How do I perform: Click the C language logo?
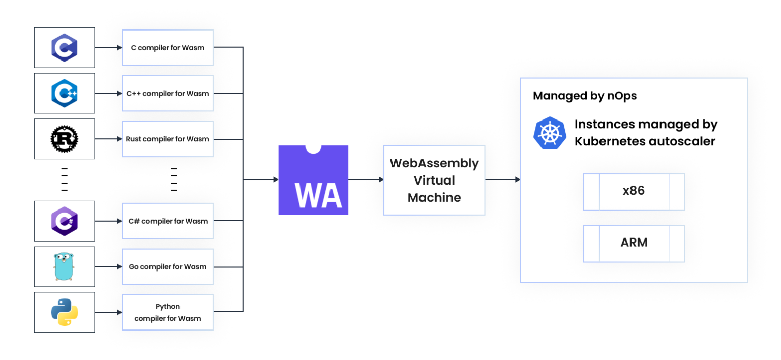click(64, 48)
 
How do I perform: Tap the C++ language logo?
click(64, 94)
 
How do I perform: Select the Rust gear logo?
click(64, 139)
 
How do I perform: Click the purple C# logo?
click(64, 221)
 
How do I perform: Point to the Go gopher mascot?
click(64, 266)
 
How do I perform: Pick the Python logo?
click(64, 312)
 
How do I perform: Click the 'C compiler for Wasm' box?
click(167, 48)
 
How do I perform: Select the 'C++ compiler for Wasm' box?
click(167, 94)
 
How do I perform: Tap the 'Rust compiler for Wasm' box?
click(167, 139)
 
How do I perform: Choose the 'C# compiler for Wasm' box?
click(167, 221)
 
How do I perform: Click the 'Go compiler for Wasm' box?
click(167, 266)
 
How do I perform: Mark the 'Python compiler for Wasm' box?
click(167, 312)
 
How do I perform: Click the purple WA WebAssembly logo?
click(313, 180)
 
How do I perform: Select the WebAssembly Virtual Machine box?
click(434, 180)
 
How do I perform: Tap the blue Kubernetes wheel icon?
click(550, 133)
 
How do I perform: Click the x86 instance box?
click(634, 192)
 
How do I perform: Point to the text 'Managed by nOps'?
click(585, 96)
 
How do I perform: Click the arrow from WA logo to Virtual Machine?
click(366, 179)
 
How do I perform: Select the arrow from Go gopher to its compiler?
click(108, 266)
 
